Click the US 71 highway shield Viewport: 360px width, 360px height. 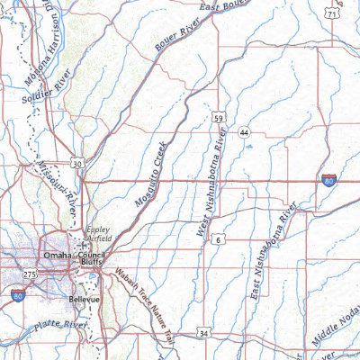pos(334,14)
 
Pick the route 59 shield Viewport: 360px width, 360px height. pos(219,117)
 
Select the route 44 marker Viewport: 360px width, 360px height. pos(244,133)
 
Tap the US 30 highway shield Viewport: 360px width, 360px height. pos(79,163)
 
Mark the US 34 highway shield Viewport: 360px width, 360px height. pos(204,333)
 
